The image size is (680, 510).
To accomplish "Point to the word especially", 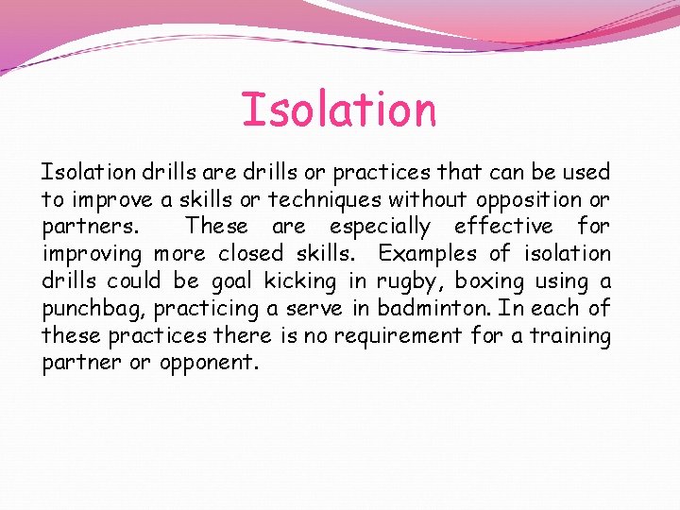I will (x=380, y=227).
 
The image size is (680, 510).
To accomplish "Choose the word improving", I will (x=91, y=254).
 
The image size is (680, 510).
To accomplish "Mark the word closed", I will (x=250, y=254).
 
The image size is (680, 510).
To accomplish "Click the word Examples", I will (x=428, y=254).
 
